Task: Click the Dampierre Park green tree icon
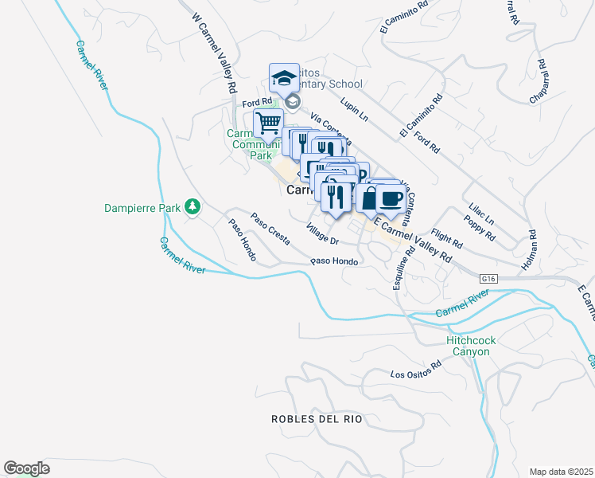click(x=192, y=207)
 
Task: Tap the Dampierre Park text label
click(x=143, y=208)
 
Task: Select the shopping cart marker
click(x=269, y=123)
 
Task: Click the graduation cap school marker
click(x=284, y=78)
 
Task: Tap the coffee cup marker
click(x=391, y=199)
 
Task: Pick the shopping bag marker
click(x=369, y=199)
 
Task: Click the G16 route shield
click(x=489, y=279)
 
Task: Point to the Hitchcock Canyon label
click(x=471, y=346)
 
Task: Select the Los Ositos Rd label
click(x=415, y=370)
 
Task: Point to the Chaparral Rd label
click(x=539, y=81)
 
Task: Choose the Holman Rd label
click(x=532, y=248)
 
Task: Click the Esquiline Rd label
click(x=403, y=268)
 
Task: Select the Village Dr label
click(x=323, y=234)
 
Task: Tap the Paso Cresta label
click(x=270, y=228)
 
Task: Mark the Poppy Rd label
click(x=480, y=231)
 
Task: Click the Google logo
click(x=26, y=468)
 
